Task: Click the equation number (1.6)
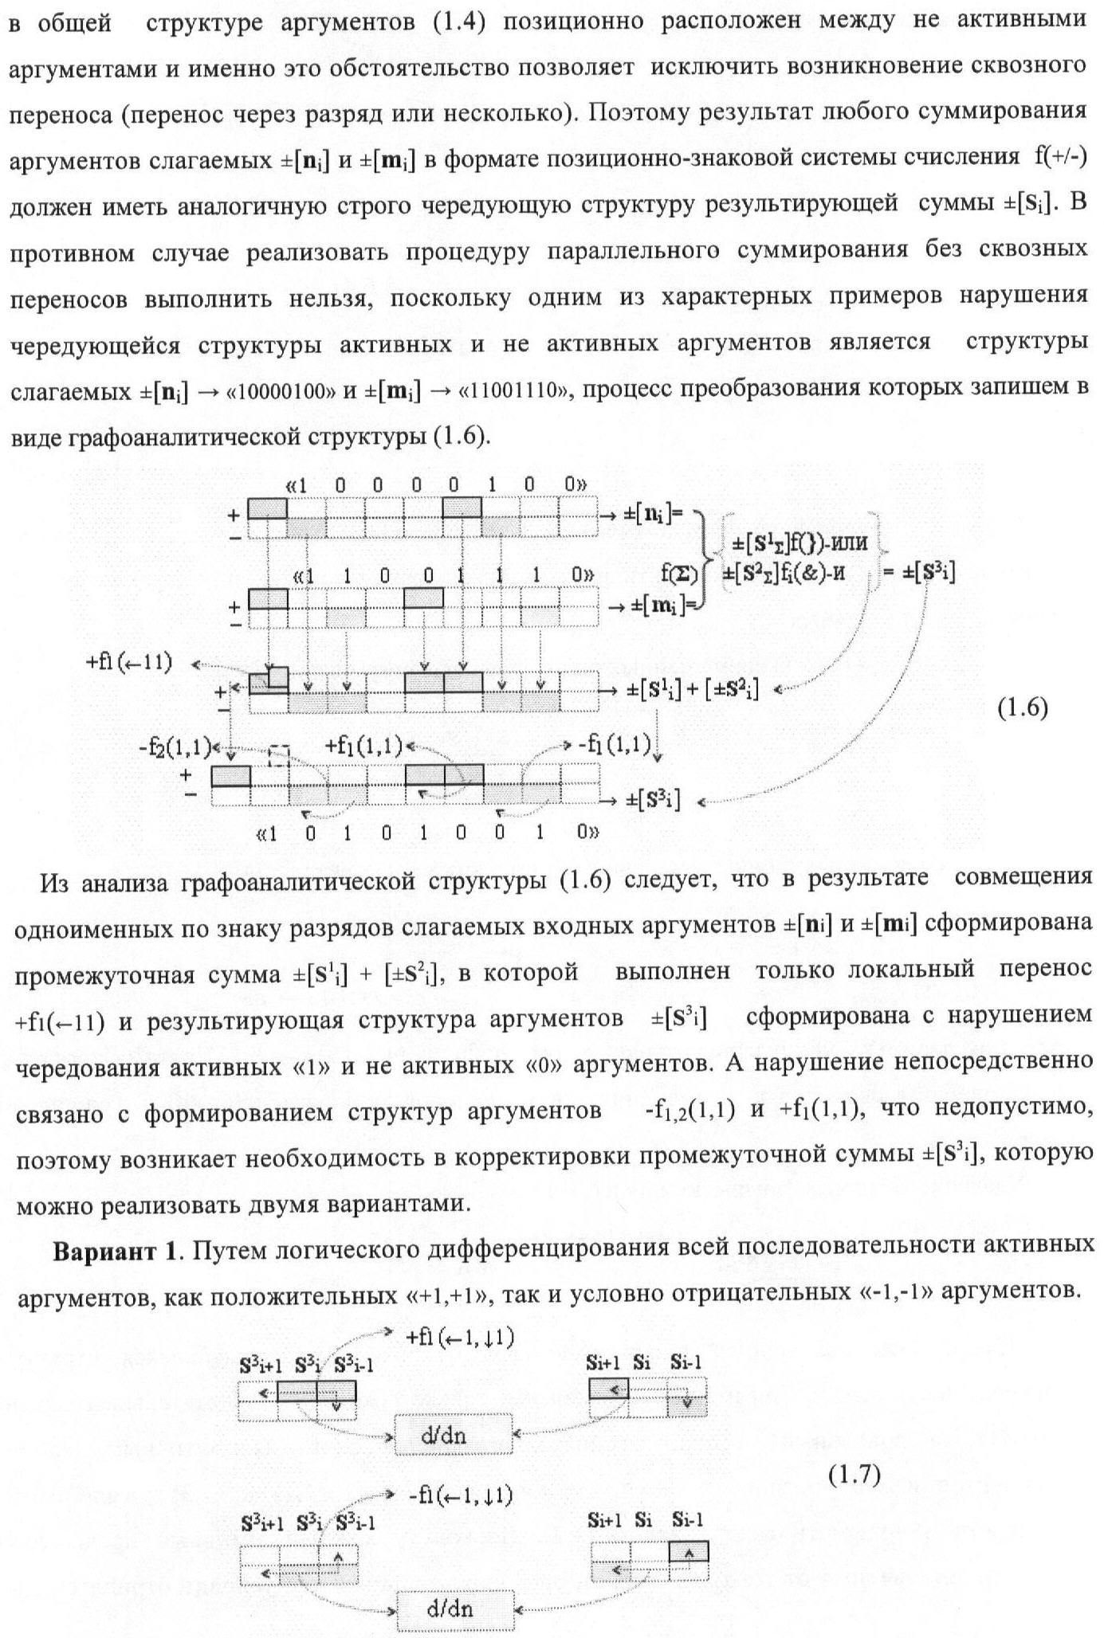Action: (x=1023, y=707)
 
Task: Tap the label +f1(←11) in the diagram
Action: (x=129, y=663)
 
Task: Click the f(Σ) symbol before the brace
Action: (x=679, y=573)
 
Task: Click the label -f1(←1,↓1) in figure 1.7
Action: (x=460, y=1495)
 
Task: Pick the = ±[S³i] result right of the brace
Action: (x=919, y=572)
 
